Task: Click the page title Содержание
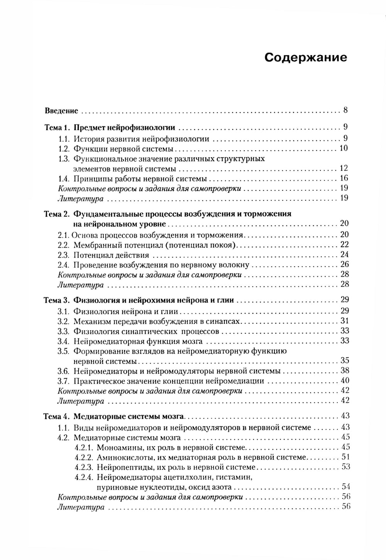point(306,58)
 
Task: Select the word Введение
point(61,111)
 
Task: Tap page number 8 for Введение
point(345,110)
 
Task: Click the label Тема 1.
point(56,128)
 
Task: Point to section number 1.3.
point(63,159)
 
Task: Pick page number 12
point(344,168)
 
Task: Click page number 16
point(344,178)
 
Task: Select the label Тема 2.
point(56,214)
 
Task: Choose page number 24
point(344,254)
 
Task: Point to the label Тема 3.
point(56,300)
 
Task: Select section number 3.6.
point(63,371)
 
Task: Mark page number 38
point(345,370)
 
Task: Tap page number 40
point(345,380)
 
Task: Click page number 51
point(345,457)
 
